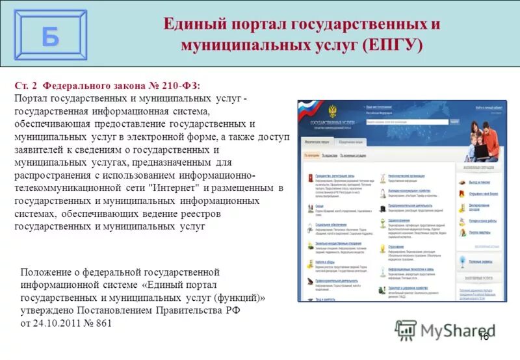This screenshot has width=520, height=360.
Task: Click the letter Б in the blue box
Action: pos(50,36)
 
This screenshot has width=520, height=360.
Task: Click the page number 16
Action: pos(483,336)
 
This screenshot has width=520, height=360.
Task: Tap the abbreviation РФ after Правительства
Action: pos(233,310)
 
